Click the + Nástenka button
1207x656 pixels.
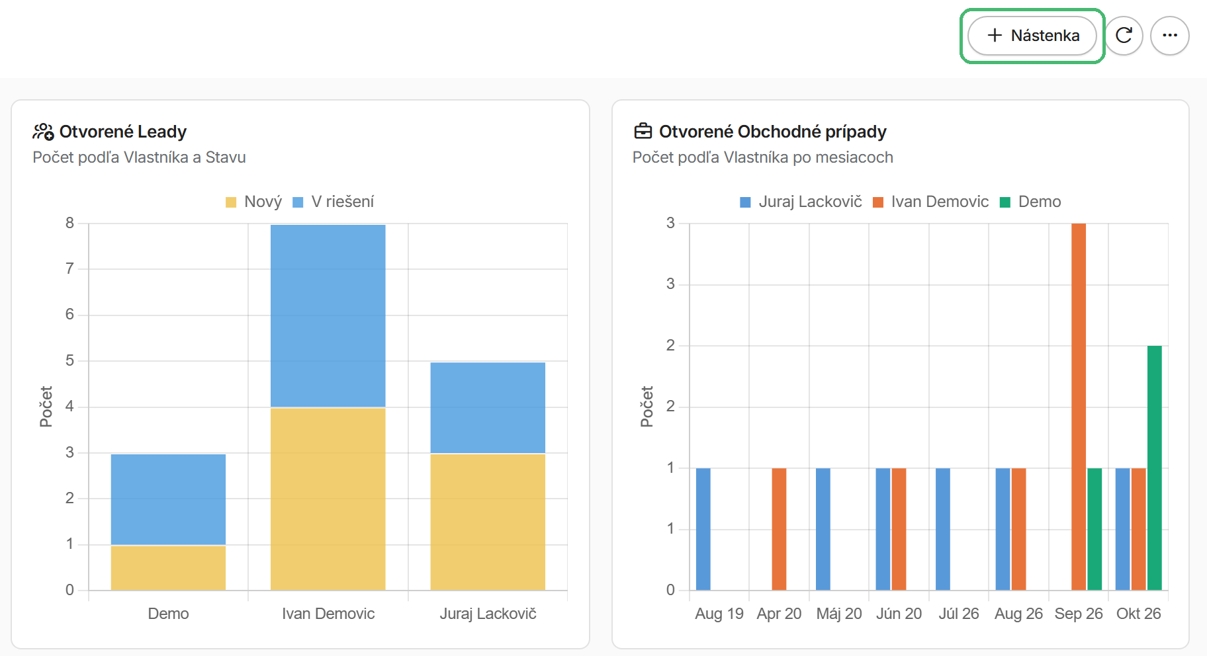coord(1032,36)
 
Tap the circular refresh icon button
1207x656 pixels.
coord(1124,36)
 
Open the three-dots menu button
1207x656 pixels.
coord(1170,36)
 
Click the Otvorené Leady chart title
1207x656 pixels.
coord(123,132)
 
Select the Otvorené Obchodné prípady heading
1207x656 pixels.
coord(773,132)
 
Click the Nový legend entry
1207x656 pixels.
coord(254,202)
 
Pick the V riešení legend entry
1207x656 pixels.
coord(334,202)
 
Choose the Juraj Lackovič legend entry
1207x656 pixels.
coord(801,202)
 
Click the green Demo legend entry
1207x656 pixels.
coord(1030,202)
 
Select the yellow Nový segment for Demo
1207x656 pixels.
coord(168,567)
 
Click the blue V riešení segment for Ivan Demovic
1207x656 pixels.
coord(328,316)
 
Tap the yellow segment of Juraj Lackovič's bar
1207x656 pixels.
coord(488,522)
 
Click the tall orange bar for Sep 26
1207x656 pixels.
coord(1079,407)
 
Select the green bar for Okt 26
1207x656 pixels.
coord(1155,468)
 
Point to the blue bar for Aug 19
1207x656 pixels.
coord(703,529)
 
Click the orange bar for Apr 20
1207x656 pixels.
coord(779,529)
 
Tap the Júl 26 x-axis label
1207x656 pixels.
coord(959,614)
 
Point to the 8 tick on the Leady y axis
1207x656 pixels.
coord(69,223)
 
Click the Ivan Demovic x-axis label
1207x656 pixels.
coord(328,614)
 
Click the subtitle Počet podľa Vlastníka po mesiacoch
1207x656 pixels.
coord(763,157)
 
